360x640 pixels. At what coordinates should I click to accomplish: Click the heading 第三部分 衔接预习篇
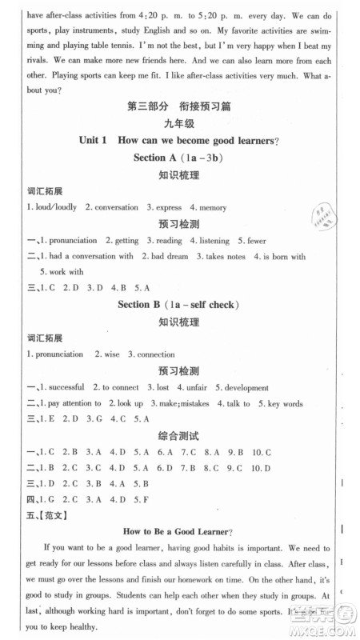(x=178, y=106)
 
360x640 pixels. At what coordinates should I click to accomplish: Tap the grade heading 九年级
(x=178, y=123)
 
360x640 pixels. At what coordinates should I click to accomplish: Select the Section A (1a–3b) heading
(x=178, y=158)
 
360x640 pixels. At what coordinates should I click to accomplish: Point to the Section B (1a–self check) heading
(x=178, y=304)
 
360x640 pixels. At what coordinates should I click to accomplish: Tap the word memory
(x=212, y=208)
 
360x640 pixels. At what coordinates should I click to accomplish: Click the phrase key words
(x=283, y=403)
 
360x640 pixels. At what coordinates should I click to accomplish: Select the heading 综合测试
(x=178, y=437)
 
